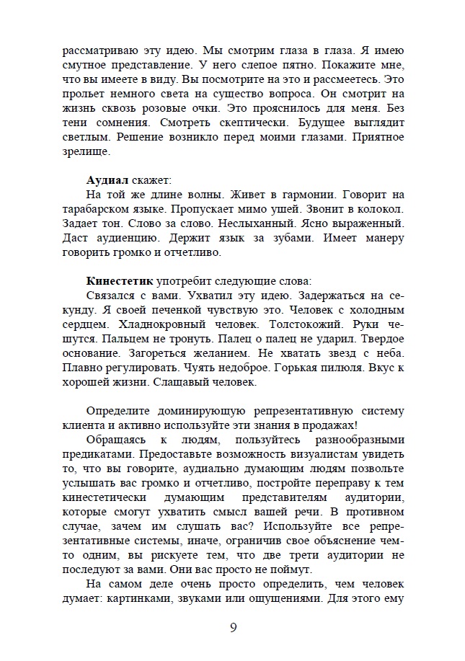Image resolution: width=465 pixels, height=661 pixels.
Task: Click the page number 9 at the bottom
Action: pyautogui.click(x=233, y=626)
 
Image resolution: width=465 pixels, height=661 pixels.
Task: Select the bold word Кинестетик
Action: pyautogui.click(x=119, y=280)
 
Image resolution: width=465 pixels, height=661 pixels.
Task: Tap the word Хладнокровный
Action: pyautogui.click(x=159, y=324)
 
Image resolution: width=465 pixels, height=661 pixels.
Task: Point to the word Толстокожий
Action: pyautogui.click(x=293, y=324)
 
